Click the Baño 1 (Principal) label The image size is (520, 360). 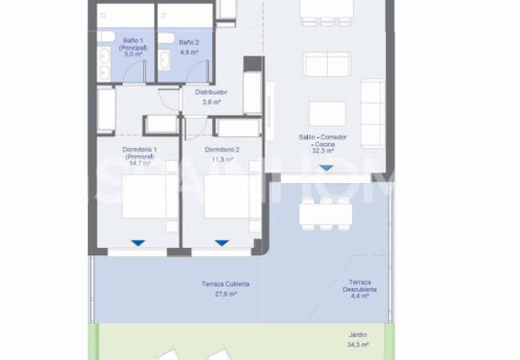134,45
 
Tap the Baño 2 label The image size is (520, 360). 188,42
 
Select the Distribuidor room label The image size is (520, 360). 211,92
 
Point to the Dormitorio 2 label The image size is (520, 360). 222,150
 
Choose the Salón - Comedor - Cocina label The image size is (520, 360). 322,141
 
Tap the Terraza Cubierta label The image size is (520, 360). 226,284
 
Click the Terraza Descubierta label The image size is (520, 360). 362,286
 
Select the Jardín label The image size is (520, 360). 358,336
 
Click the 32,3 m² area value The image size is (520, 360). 322,150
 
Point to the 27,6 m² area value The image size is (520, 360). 226,294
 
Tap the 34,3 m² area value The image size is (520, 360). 358,345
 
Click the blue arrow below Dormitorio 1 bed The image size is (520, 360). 138,242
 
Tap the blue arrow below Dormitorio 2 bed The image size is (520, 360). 222,242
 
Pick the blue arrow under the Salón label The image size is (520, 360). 325,168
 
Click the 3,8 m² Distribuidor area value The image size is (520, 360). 211,102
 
